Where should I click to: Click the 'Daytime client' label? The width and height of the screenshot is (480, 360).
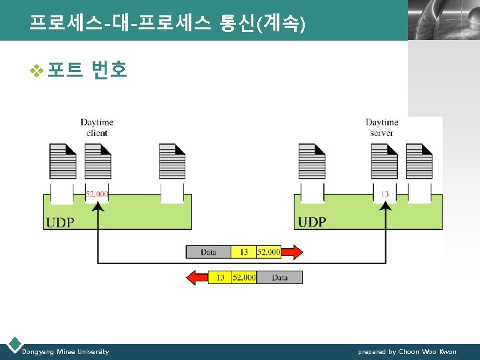pyautogui.click(x=97, y=127)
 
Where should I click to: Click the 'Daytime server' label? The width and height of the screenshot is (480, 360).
pyautogui.click(x=381, y=127)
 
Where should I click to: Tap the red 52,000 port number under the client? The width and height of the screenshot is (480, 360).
pyautogui.click(x=97, y=194)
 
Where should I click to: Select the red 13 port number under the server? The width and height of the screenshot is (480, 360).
pyautogui.click(x=385, y=194)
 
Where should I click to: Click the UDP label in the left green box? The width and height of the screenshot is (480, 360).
pyautogui.click(x=60, y=222)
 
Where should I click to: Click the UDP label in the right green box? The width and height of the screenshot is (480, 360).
pyautogui.click(x=312, y=222)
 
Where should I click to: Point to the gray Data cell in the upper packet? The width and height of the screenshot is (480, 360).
pyautogui.click(x=208, y=252)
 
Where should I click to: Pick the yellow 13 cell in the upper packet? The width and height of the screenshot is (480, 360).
pyautogui.click(x=243, y=252)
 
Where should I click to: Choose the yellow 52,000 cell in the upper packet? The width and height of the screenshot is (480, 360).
pyautogui.click(x=269, y=252)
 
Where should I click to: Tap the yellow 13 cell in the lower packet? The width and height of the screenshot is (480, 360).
pyautogui.click(x=220, y=277)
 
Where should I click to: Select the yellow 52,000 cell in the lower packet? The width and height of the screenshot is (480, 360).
pyautogui.click(x=244, y=277)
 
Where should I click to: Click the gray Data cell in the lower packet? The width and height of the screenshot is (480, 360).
pyautogui.click(x=279, y=277)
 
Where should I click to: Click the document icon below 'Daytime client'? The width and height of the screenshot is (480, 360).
pyautogui.click(x=97, y=161)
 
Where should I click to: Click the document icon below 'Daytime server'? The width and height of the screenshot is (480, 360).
pyautogui.click(x=385, y=161)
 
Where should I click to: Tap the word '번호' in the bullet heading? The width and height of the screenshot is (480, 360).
pyautogui.click(x=109, y=69)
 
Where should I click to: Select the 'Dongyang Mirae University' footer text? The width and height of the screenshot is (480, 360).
pyautogui.click(x=65, y=351)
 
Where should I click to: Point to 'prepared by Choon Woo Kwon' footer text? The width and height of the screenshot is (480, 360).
pyautogui.click(x=407, y=351)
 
